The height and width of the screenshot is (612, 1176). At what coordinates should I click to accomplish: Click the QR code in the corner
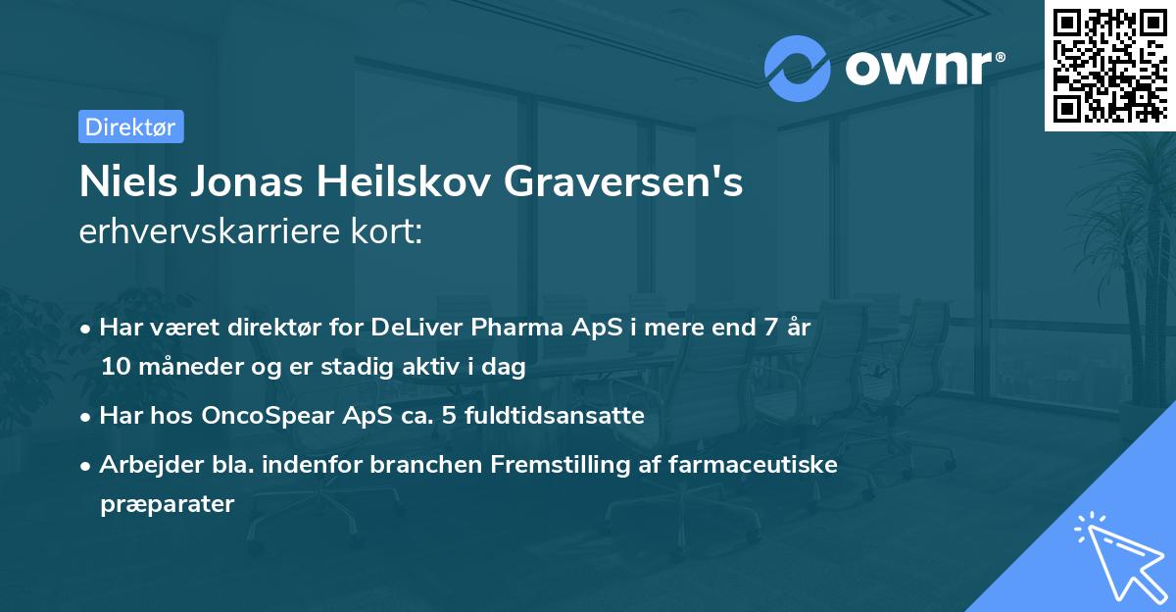1109,65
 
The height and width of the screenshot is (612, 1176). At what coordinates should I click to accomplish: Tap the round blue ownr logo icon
797,69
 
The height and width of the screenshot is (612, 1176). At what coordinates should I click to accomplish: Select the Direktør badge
130,127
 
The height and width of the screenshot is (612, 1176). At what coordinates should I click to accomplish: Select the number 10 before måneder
113,368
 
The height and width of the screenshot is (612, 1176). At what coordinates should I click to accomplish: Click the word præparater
167,504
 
